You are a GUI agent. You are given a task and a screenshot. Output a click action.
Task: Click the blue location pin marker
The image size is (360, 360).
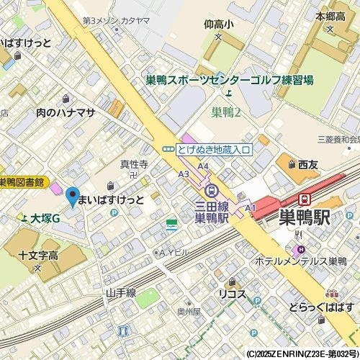72,195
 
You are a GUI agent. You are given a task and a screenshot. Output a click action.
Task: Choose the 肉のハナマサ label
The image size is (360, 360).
66,112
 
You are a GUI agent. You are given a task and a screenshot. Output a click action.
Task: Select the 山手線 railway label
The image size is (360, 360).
120,293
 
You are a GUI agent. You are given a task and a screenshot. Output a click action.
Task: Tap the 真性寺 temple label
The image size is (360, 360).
134,165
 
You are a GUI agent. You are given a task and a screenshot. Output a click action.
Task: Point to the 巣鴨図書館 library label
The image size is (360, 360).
22,182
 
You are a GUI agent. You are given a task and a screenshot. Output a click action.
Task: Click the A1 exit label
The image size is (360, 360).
251,207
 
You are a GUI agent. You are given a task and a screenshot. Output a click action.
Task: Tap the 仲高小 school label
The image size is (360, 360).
219,24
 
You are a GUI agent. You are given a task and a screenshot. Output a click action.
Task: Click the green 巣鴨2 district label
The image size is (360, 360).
226,112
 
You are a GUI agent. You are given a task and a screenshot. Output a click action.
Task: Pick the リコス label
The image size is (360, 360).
233,293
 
